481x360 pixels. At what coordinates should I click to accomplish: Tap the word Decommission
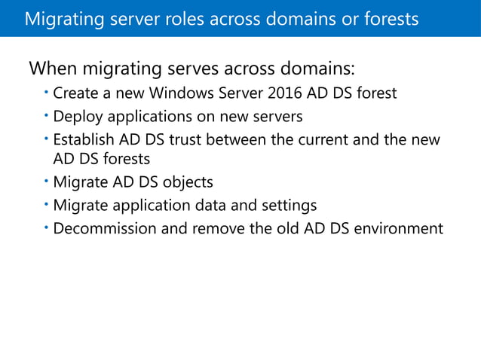[x=102, y=228]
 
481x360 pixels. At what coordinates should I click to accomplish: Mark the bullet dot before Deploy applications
[x=46, y=115]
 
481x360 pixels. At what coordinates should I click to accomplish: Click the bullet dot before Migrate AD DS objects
[x=46, y=181]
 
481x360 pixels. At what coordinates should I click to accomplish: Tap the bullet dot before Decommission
[x=46, y=227]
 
